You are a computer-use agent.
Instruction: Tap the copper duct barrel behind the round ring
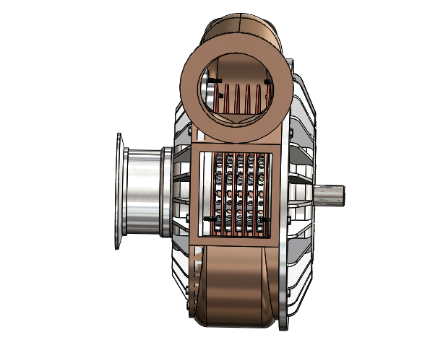(238, 29)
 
